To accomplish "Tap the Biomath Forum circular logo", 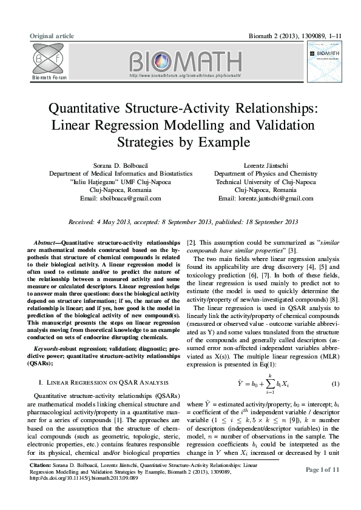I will (x=46, y=59).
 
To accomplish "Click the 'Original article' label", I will (x=52, y=36).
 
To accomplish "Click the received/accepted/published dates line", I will (x=183, y=222).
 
